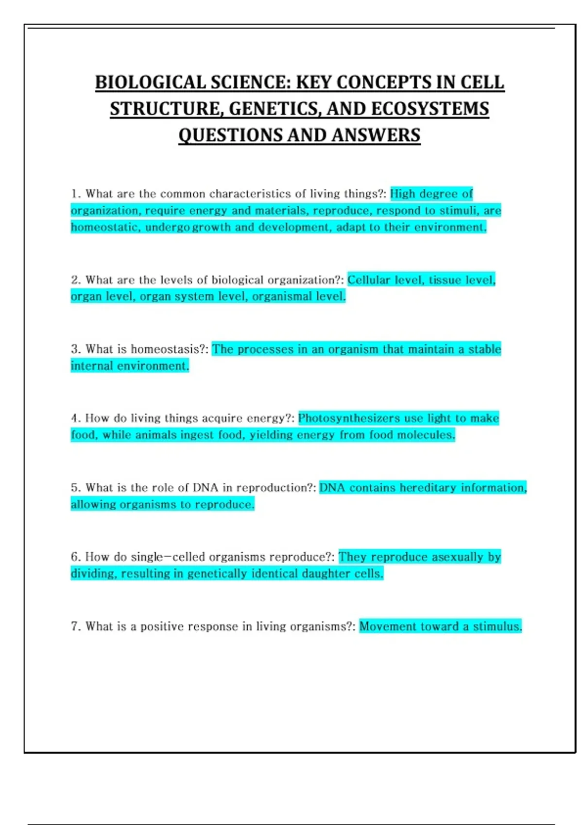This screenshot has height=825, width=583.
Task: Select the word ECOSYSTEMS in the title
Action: pyautogui.click(x=430, y=109)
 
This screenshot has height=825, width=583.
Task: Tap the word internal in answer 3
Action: pyautogui.click(x=91, y=366)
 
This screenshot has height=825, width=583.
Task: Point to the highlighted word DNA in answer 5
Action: pyautogui.click(x=332, y=488)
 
